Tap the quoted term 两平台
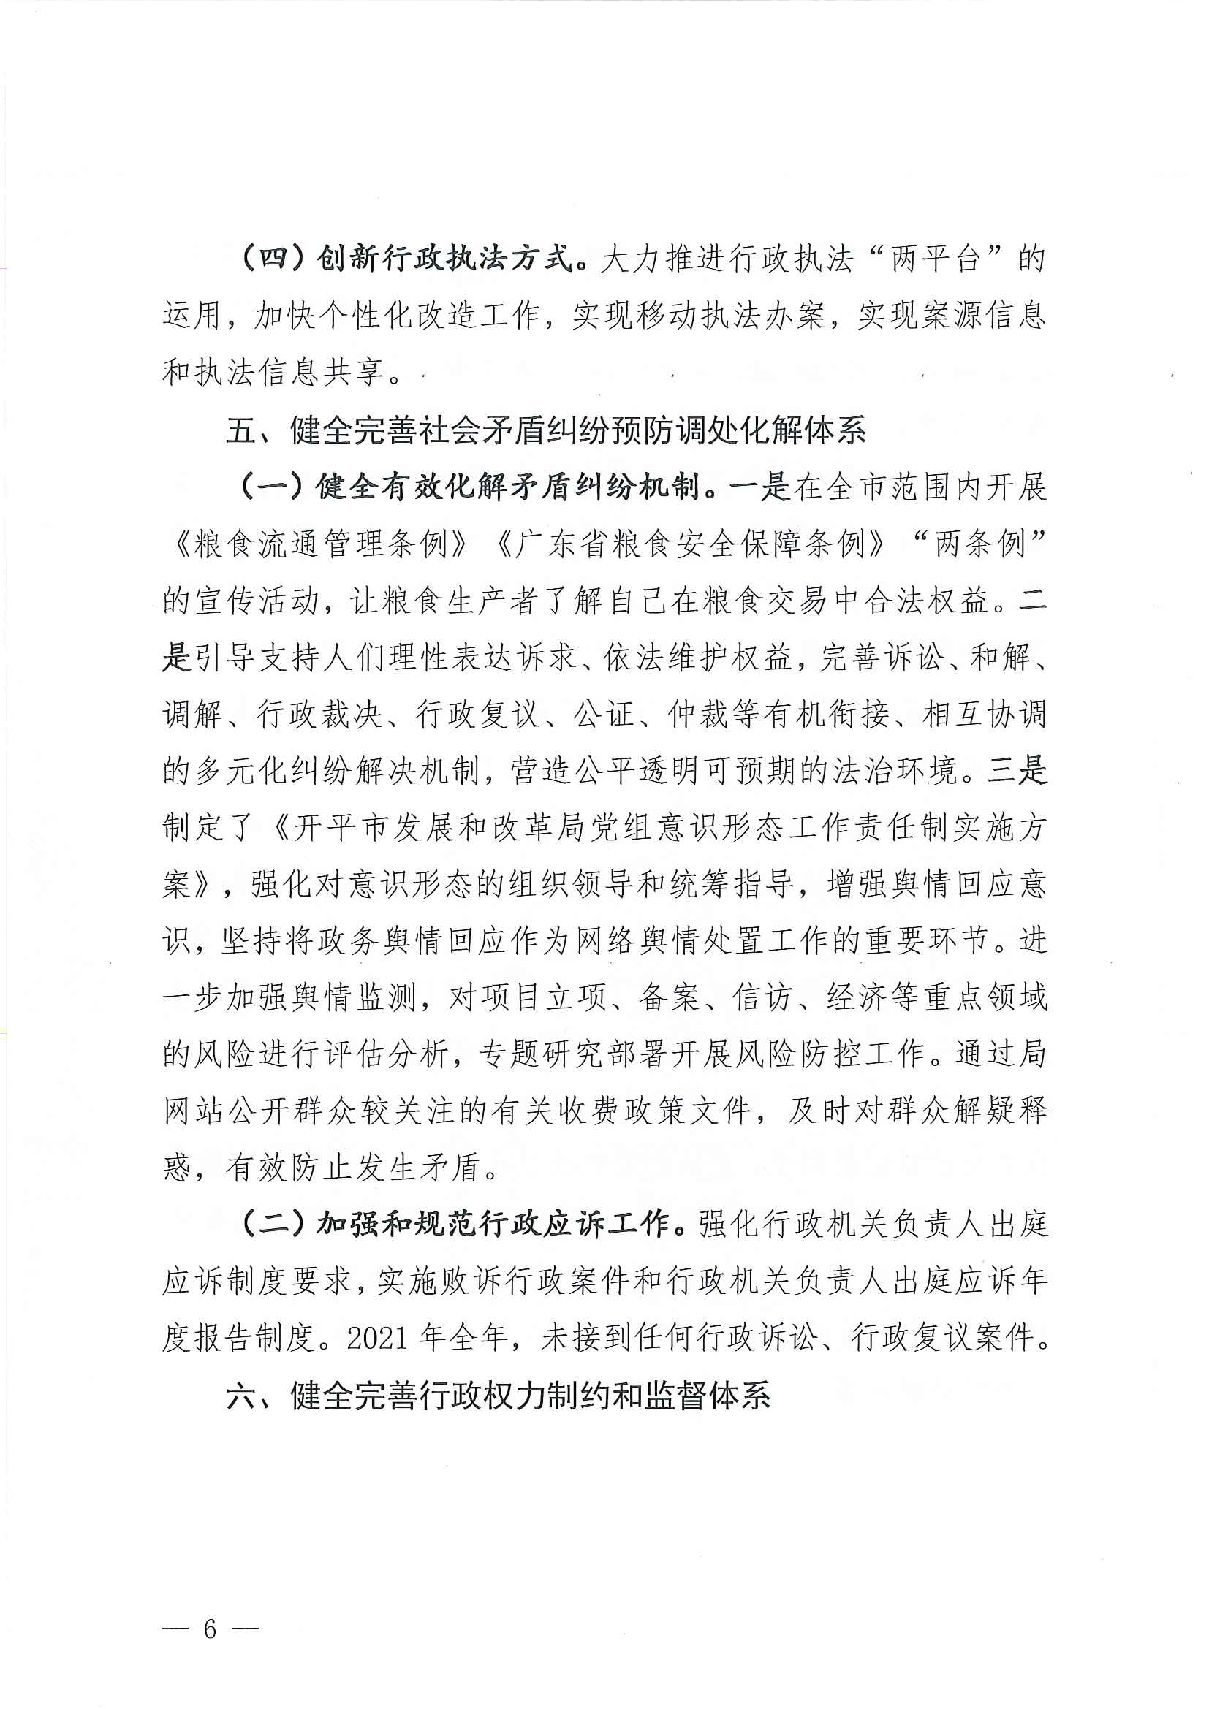[x=935, y=258]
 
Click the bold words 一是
[x=760, y=487]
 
